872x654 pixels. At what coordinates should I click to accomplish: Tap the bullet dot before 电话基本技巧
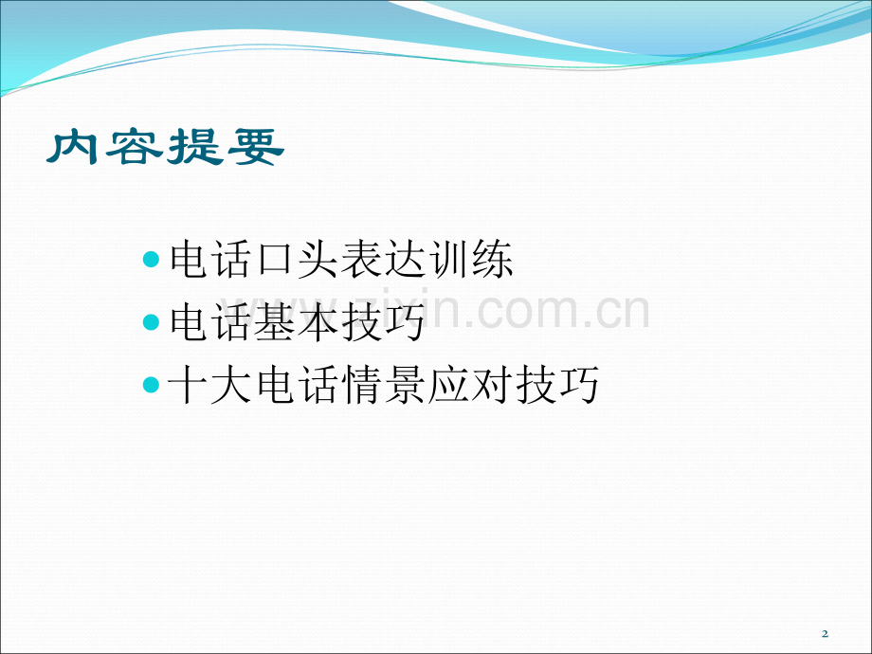pyautogui.click(x=152, y=322)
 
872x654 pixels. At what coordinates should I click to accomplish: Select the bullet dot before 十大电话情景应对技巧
pyautogui.click(x=152, y=386)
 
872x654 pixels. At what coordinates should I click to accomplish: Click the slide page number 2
pyautogui.click(x=825, y=633)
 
